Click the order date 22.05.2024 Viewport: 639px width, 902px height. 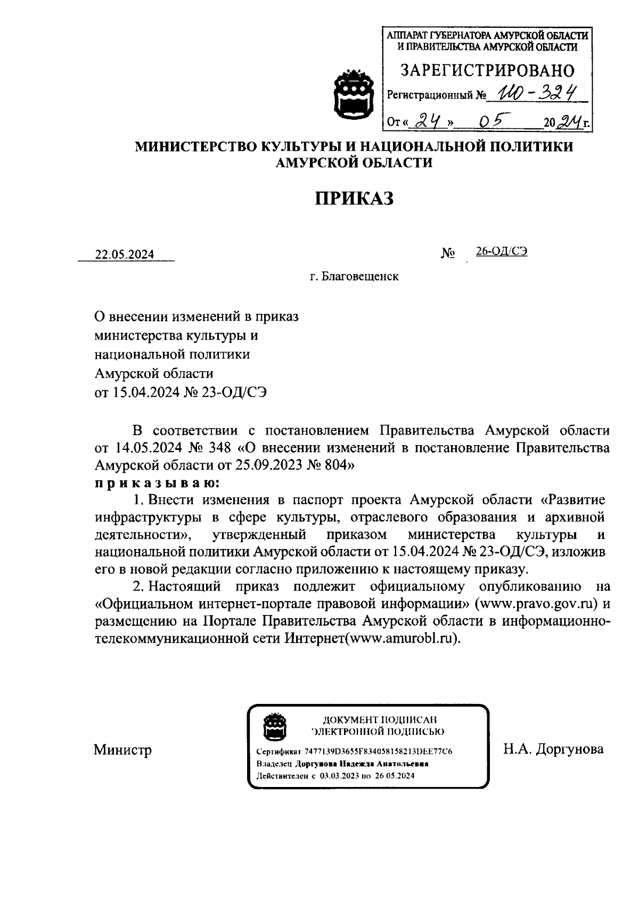125,255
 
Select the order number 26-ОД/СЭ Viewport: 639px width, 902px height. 502,252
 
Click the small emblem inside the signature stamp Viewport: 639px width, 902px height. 275,726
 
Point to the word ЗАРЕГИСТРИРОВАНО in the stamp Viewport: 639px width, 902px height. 487,70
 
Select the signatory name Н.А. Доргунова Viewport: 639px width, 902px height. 553,749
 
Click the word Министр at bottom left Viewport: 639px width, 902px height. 122,750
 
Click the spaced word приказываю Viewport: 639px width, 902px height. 156,483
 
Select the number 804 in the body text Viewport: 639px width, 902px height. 335,465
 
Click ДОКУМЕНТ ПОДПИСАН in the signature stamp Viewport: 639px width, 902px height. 378,720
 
